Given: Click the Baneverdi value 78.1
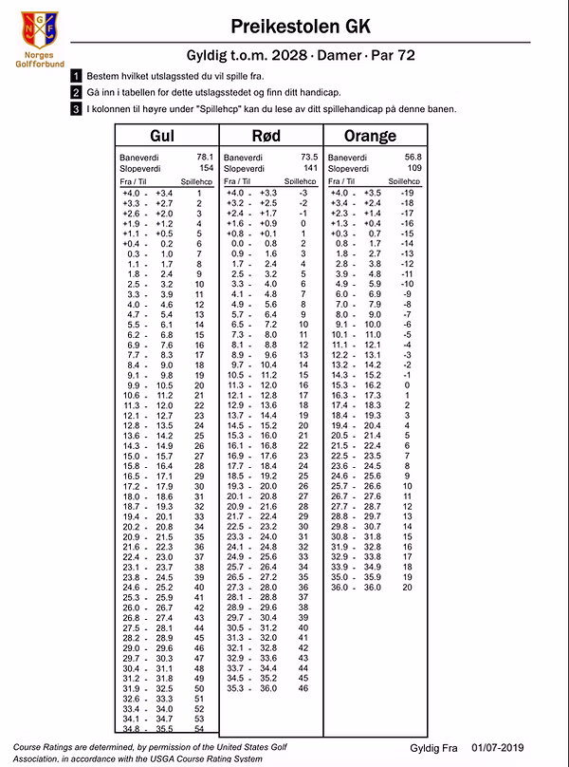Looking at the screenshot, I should tap(204, 156).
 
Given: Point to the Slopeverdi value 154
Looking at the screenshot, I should tap(206, 167).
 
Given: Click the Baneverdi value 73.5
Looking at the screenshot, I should tap(308, 156).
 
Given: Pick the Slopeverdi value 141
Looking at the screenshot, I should tap(309, 167).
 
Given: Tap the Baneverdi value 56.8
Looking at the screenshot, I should tap(413, 156).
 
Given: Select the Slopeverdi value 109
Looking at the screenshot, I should tap(413, 167).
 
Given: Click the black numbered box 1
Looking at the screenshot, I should tap(76, 75).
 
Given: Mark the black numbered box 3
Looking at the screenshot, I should tap(76, 109).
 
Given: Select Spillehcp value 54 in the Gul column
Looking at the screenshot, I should tap(199, 728).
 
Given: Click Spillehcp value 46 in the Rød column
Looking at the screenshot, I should tap(303, 687).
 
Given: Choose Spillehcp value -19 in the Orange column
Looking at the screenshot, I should tap(408, 193).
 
